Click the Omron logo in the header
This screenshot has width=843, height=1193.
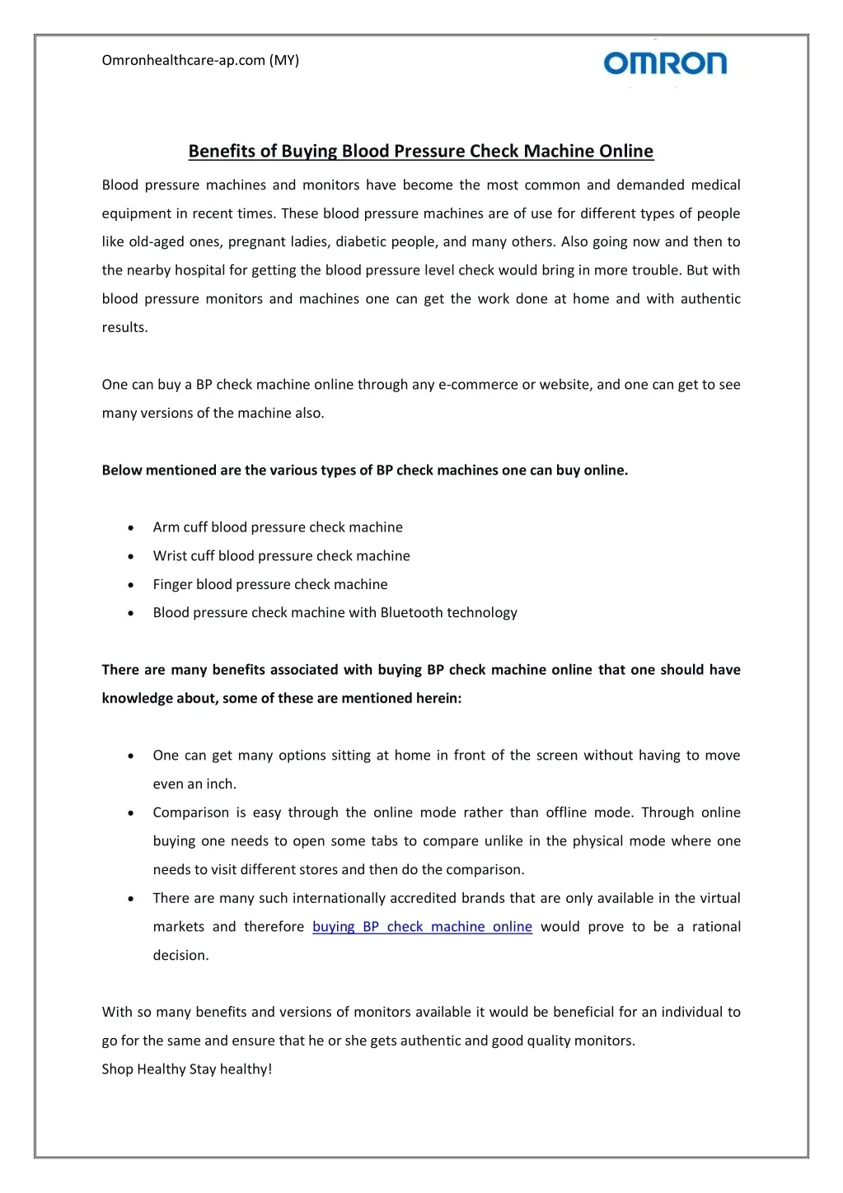tap(665, 63)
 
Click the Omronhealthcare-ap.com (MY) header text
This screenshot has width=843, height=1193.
tap(200, 60)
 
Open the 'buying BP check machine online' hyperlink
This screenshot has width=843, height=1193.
tap(422, 927)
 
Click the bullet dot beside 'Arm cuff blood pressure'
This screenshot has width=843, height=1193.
tap(131, 528)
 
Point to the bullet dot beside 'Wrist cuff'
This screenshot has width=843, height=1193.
tap(131, 557)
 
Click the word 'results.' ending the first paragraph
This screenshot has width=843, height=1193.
tap(125, 328)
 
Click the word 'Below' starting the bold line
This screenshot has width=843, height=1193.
tap(122, 470)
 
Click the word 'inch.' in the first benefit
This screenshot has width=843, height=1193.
tap(220, 784)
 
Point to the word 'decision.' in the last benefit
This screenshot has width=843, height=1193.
tap(180, 956)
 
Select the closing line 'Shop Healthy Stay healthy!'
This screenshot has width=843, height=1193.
tap(187, 1069)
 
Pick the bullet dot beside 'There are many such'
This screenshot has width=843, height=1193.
tap(131, 899)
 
